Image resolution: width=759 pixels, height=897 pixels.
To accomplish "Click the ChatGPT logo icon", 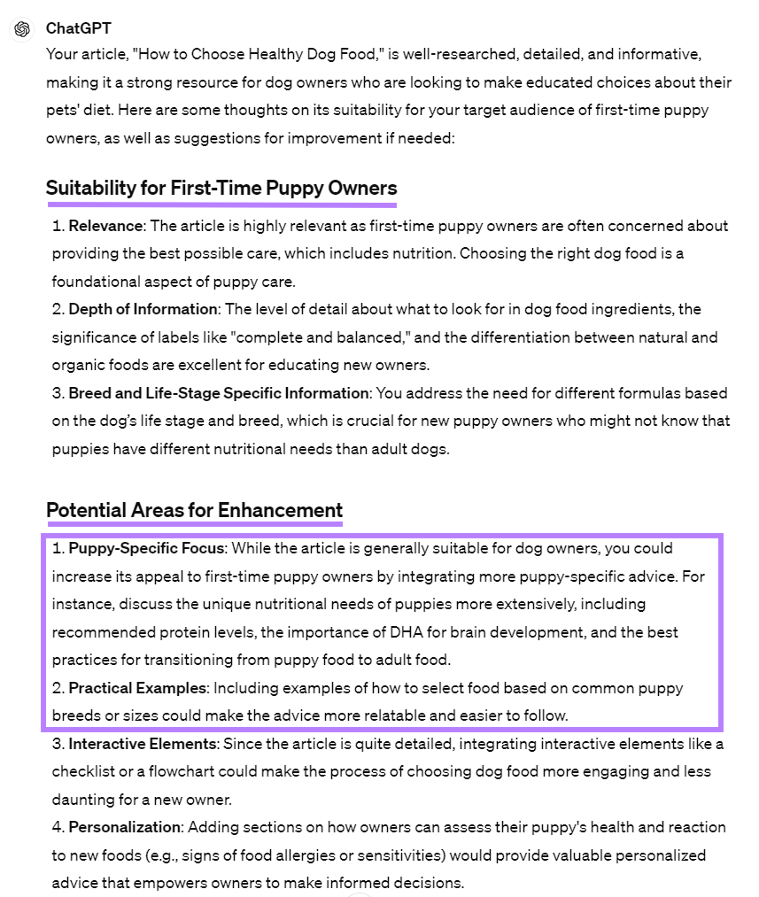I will click(22, 29).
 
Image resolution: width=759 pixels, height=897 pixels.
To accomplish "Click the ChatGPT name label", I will click(79, 28).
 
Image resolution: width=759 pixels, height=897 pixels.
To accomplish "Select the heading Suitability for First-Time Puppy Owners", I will click(221, 188).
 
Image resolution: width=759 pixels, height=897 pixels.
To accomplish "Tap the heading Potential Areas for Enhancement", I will click(194, 510).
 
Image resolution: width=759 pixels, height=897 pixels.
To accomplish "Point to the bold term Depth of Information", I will click(143, 309).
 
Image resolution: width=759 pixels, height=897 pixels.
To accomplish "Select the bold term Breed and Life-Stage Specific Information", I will click(218, 392).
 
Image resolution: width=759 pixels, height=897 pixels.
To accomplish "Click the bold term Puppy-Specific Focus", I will click(148, 548).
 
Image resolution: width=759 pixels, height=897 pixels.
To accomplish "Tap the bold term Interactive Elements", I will click(143, 743).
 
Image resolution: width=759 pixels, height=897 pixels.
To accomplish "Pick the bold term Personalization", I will click(124, 827).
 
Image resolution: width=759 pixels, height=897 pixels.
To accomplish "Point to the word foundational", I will click(93, 282).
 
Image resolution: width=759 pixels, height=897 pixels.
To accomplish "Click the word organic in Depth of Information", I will click(78, 365).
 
